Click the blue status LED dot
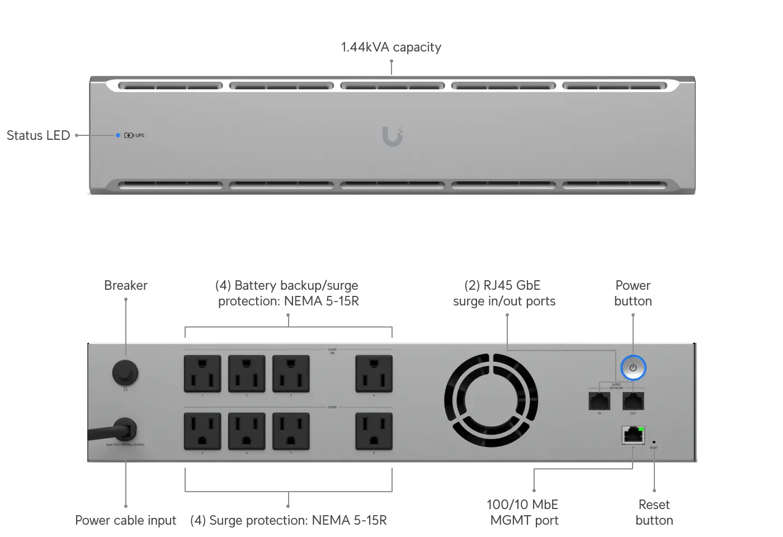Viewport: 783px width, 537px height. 118,135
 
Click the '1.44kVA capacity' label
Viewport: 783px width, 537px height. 391,47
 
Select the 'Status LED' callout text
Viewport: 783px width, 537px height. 38,135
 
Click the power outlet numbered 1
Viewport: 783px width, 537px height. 202,374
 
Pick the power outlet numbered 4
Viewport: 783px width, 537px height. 374,374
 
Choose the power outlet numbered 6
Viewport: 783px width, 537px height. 247,431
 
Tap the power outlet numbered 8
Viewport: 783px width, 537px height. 374,431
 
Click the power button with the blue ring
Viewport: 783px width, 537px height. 633,368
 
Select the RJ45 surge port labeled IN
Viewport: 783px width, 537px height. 599,401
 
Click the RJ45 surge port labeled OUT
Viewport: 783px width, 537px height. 633,401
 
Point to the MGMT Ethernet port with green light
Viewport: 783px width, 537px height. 633,435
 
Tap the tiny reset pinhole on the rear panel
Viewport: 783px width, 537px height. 654,442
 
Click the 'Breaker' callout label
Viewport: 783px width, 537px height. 126,285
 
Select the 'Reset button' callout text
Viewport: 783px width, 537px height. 654,512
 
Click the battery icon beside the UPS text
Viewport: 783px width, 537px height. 129,135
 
